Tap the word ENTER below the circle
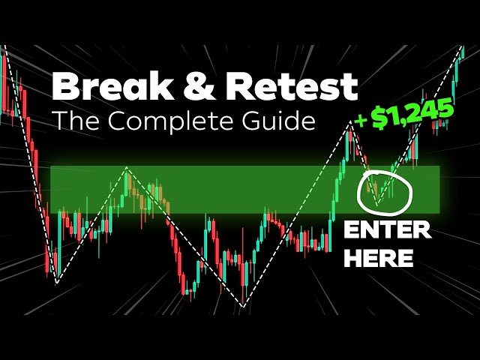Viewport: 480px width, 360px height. click(x=387, y=231)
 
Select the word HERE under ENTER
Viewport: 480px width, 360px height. click(x=379, y=258)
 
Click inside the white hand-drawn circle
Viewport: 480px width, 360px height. click(x=385, y=190)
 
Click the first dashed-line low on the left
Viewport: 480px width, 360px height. click(x=56, y=283)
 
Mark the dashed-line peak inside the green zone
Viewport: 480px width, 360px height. click(x=127, y=168)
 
